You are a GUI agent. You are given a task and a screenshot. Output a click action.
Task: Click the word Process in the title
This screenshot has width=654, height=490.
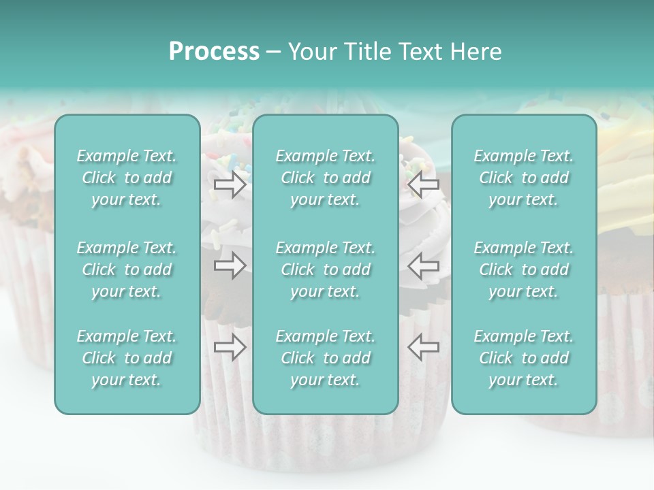[214, 52]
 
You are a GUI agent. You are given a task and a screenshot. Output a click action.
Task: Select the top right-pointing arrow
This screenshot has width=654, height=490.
[230, 185]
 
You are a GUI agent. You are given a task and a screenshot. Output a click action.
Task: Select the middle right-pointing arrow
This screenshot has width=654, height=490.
[230, 265]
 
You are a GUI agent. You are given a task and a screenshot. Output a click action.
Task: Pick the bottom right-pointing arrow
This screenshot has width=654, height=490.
[230, 347]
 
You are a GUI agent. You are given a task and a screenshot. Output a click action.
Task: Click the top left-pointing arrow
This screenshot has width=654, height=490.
[423, 185]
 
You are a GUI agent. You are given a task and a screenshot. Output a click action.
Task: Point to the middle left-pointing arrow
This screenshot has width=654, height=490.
[423, 265]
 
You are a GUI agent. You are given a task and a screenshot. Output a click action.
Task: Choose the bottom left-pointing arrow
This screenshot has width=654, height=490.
[423, 347]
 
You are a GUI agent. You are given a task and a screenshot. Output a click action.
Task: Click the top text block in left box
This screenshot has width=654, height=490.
[127, 178]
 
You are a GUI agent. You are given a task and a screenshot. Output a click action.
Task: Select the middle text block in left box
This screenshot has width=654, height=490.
[127, 269]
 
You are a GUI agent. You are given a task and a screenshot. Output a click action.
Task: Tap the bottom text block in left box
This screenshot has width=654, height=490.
[127, 358]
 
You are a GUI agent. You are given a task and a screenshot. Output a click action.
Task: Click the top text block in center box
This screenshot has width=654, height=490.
[325, 178]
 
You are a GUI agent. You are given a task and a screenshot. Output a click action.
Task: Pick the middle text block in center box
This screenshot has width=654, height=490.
[325, 269]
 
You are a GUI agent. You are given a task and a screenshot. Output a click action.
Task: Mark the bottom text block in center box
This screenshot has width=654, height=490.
[325, 358]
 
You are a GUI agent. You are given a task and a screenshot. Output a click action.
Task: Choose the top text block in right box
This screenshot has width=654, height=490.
[523, 178]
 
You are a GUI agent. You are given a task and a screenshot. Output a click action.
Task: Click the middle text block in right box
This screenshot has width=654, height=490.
[523, 269]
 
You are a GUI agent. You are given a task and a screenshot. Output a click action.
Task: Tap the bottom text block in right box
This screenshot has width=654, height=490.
[523, 358]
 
